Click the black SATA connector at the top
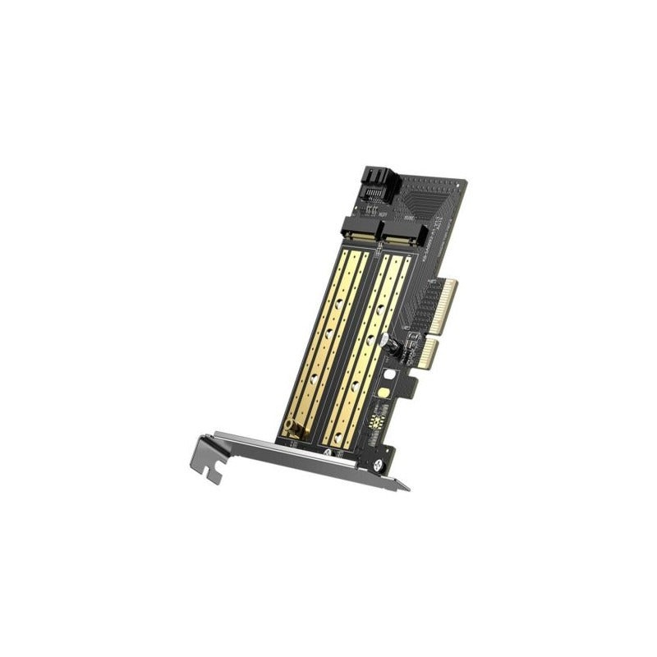(380, 185)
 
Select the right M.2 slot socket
(406, 237)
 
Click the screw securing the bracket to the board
(379, 466)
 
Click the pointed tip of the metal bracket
(402, 488)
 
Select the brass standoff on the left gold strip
(290, 427)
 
